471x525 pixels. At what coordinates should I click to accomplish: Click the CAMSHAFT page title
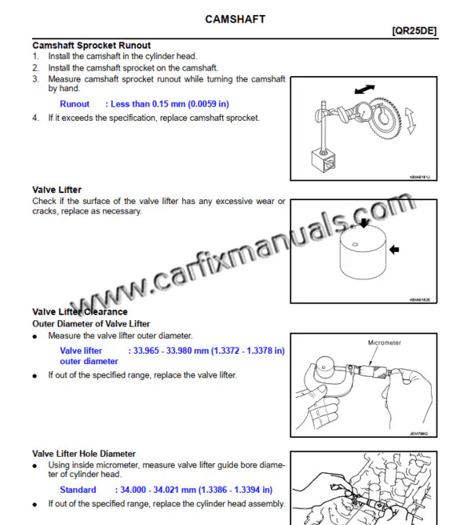click(x=235, y=18)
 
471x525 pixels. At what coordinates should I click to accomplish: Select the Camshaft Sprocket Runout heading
click(x=91, y=46)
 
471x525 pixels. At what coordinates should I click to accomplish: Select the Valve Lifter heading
click(x=57, y=190)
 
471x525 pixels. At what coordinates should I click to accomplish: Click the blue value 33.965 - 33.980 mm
click(x=206, y=350)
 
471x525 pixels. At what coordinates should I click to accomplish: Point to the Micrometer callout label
click(x=385, y=343)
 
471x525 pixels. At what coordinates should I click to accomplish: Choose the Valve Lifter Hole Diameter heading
click(x=84, y=454)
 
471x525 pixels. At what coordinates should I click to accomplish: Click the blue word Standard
click(x=78, y=490)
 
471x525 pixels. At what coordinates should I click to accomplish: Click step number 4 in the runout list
click(x=35, y=118)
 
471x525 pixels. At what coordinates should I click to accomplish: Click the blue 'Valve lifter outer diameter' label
click(x=88, y=355)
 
